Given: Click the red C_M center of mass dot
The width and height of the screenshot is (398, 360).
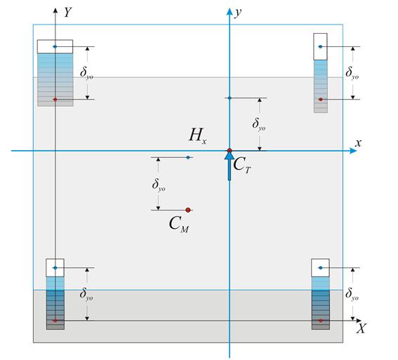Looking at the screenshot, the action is pos(188,210).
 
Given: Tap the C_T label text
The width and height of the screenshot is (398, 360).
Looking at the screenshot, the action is pos(242,165).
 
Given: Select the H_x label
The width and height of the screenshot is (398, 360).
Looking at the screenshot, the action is pos(198,136).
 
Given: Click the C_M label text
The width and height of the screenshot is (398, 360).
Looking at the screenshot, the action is pos(179,225).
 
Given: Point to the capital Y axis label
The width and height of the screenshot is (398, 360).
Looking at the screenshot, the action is pos(67,12).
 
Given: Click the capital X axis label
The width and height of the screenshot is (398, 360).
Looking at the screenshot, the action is pos(361,328).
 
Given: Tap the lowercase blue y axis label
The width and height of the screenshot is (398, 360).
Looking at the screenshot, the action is pos(238,12).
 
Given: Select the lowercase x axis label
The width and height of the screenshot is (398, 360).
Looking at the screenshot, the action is pos(358,143).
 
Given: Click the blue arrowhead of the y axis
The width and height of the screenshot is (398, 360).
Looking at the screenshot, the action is pos(230,12).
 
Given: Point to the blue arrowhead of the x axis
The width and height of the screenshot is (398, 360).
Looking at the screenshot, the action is pos(353,151).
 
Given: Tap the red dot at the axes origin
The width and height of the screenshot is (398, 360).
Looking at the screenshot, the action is pos(230,151).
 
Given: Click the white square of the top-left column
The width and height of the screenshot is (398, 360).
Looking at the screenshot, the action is pos(55,46).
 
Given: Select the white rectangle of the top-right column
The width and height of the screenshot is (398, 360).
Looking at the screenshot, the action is pos(320,47).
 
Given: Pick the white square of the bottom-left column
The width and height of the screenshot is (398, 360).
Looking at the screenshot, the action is pos(55,267).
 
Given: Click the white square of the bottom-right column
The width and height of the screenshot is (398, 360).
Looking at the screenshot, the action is pos(320,267).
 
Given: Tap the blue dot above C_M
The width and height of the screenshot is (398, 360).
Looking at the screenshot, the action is pos(188,158).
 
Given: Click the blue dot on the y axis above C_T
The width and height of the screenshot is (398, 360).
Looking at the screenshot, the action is pos(230,98).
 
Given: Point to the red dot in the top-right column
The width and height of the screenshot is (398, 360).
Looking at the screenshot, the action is pos(321,100).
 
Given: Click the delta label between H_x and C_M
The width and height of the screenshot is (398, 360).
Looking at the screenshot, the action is pos(159,185).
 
